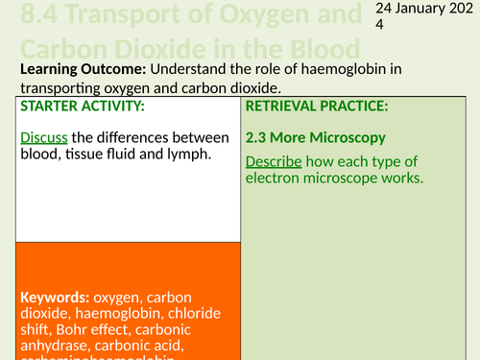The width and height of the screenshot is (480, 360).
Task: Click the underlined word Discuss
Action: click(x=42, y=138)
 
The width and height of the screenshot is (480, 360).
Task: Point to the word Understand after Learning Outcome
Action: click(x=180, y=69)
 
